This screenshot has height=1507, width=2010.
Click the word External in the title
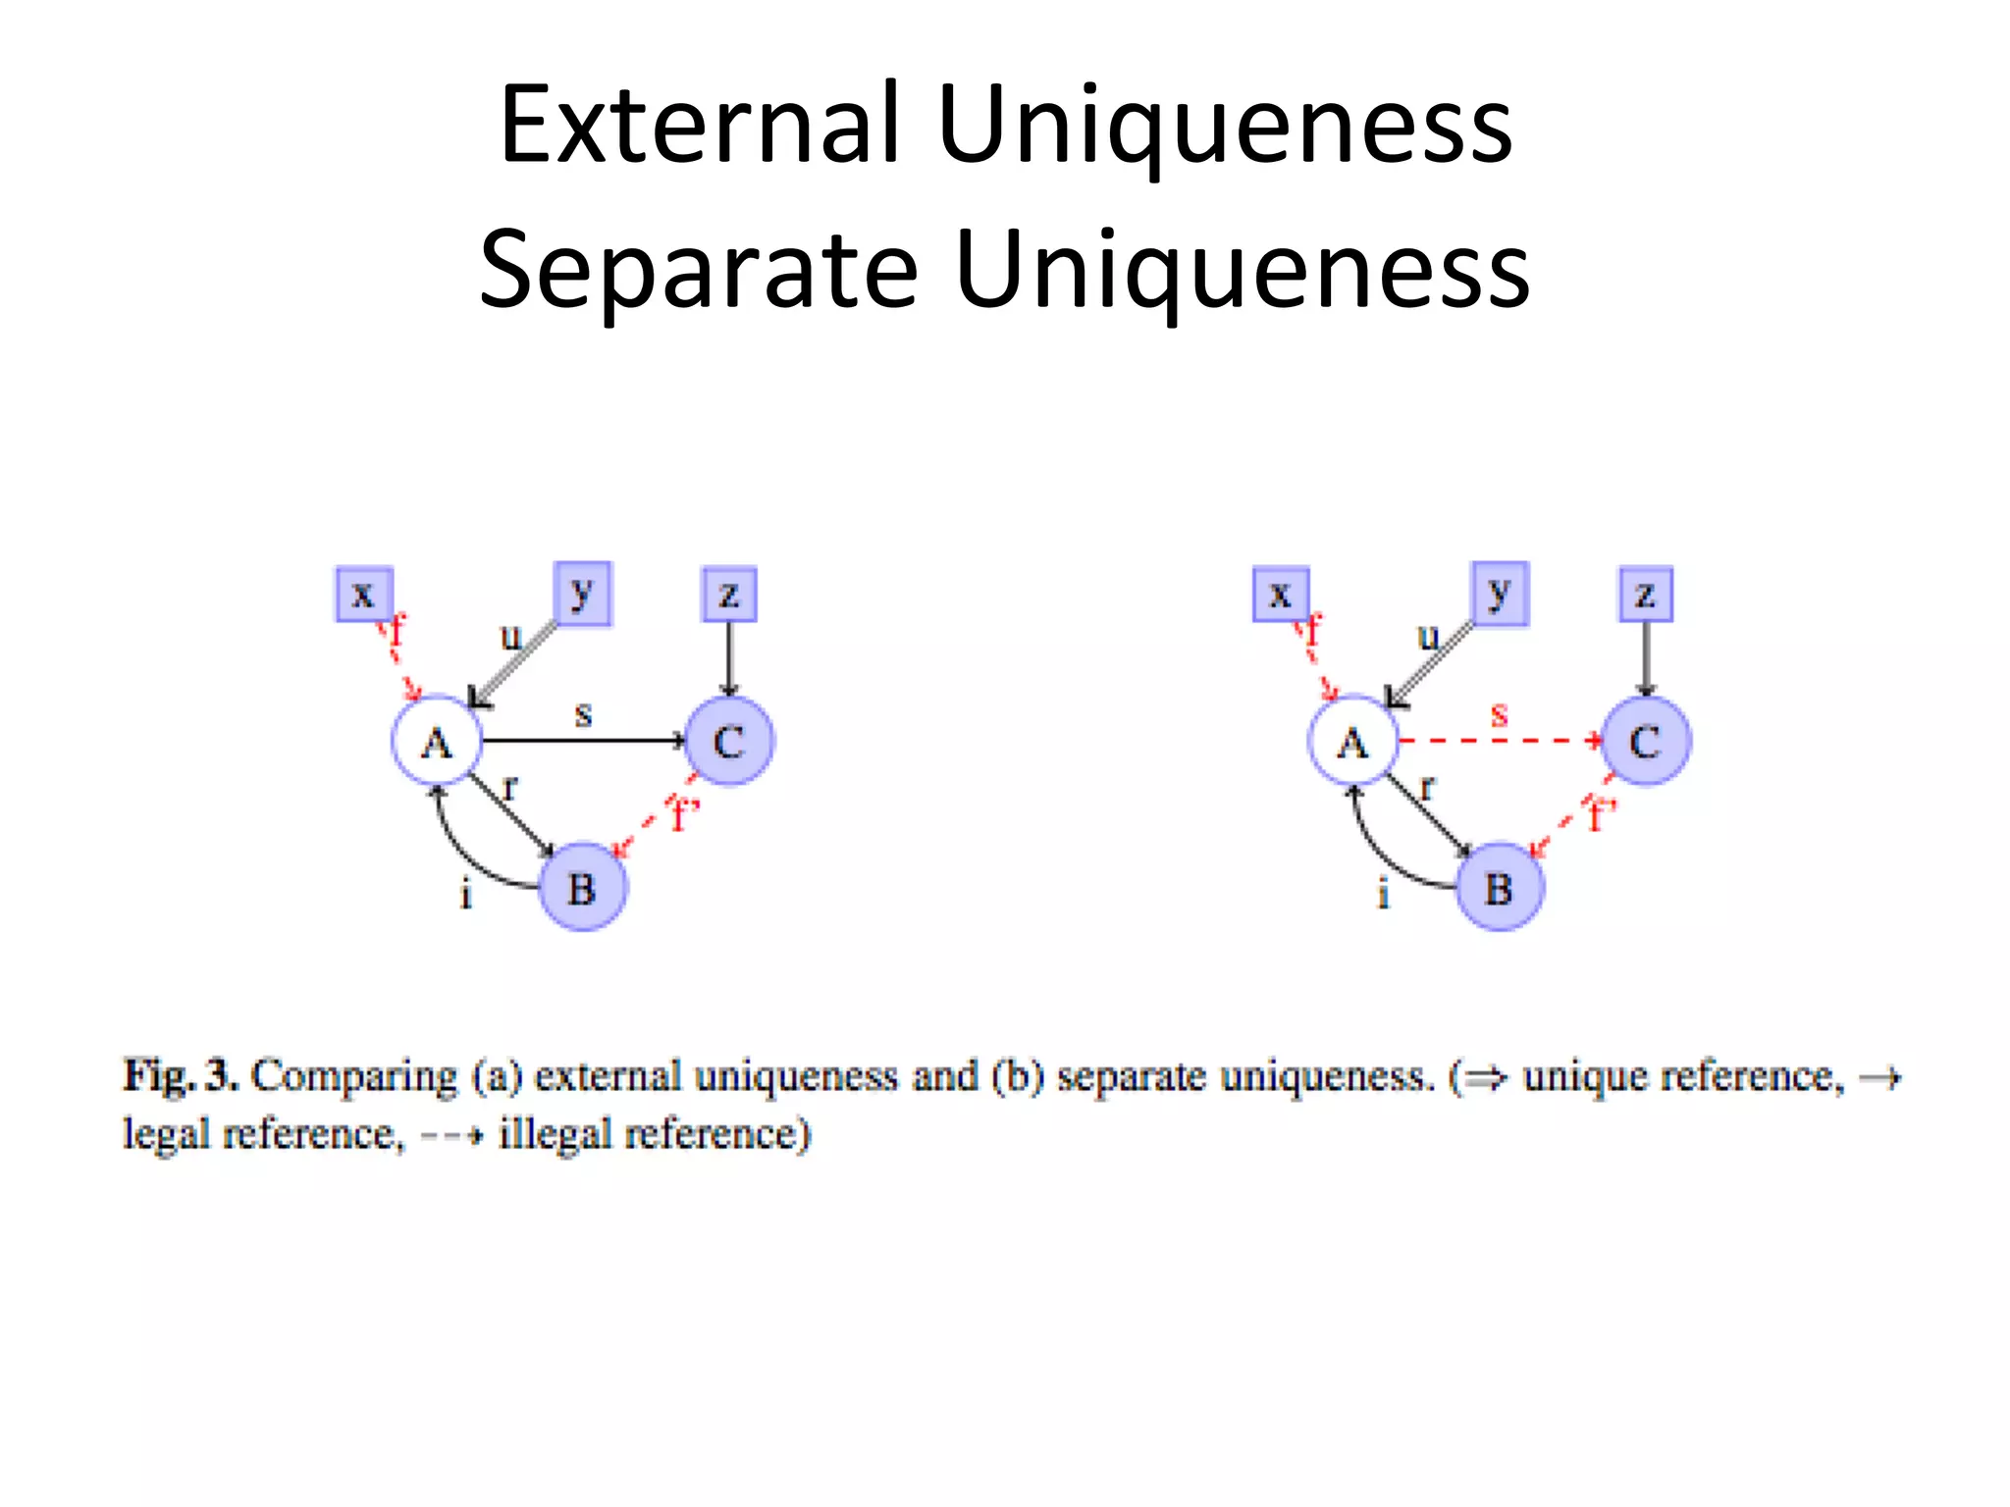tap(700, 126)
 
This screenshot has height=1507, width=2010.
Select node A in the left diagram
tap(437, 742)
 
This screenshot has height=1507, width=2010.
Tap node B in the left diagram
tap(582, 887)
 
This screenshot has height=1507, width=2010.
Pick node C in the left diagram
tap(728, 741)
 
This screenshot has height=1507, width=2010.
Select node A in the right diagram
tap(1352, 742)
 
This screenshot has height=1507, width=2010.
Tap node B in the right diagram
tap(1499, 887)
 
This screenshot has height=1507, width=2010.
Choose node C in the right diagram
tap(1646, 741)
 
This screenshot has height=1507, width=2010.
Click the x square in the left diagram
tap(364, 594)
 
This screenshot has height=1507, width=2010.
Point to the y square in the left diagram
tap(582, 593)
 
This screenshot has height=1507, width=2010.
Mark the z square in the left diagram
tap(729, 594)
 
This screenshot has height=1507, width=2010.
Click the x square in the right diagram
tap(1281, 594)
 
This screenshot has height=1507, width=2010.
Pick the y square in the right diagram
tap(1500, 593)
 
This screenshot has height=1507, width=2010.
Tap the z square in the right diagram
tap(1646, 594)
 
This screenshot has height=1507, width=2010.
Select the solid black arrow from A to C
tap(582, 741)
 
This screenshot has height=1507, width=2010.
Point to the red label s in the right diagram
tap(1499, 713)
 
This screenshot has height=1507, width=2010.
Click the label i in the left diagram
tap(466, 894)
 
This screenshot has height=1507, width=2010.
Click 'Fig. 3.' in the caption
tap(181, 1076)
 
